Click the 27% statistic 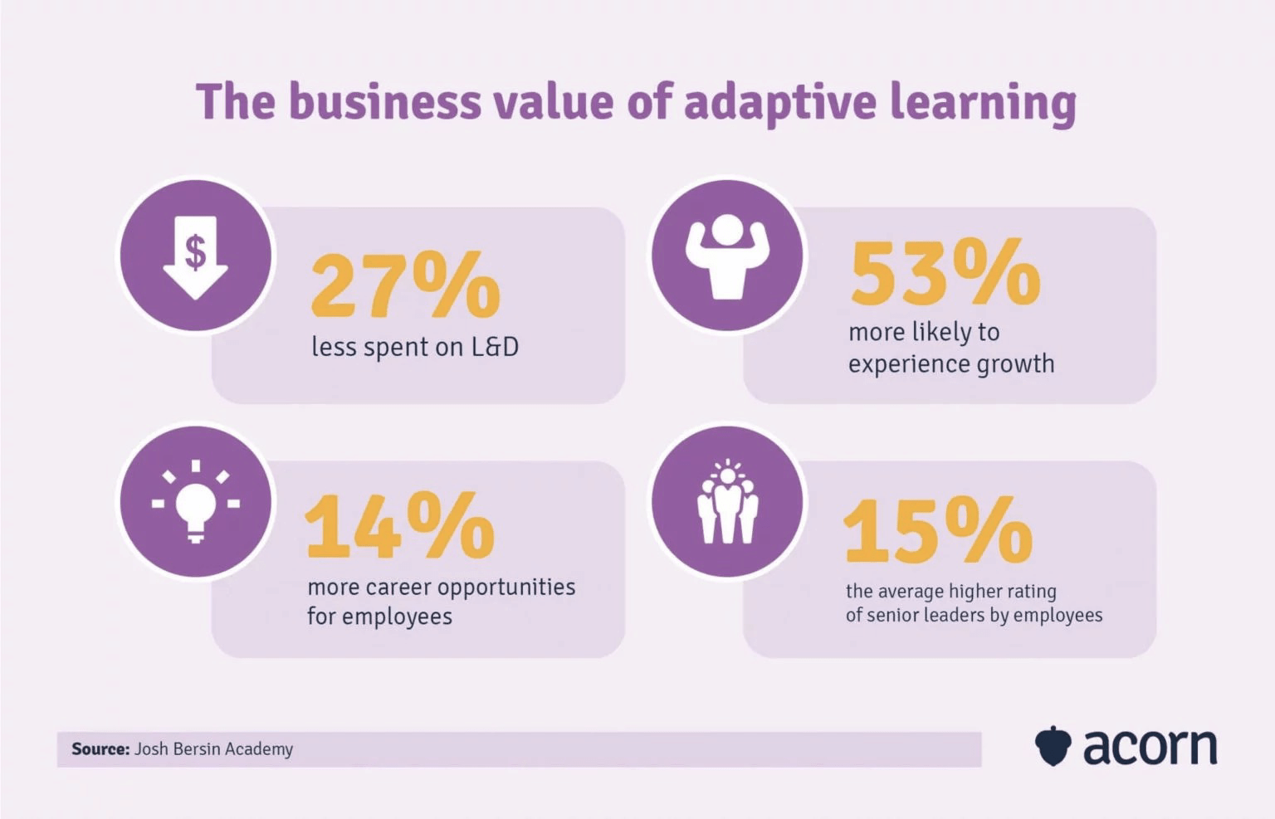click(x=405, y=286)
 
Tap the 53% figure click(x=945, y=272)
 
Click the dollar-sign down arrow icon click(x=196, y=256)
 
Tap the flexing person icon click(x=727, y=256)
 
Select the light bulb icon click(x=196, y=502)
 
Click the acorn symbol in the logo click(x=1053, y=746)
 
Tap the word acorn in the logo click(x=1150, y=746)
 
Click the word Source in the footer click(x=100, y=749)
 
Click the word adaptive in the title click(x=780, y=101)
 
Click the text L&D click(x=495, y=347)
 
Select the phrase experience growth click(x=951, y=364)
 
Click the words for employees click(x=379, y=617)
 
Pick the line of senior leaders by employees click(x=974, y=615)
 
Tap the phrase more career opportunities click(x=441, y=587)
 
